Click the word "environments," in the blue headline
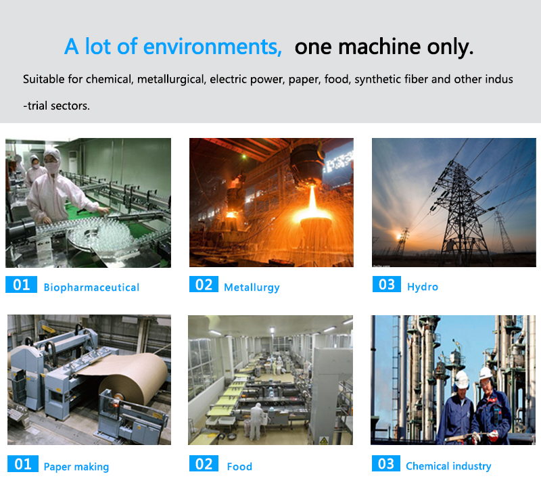pyautogui.click(x=212, y=47)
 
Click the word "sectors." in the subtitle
pyautogui.click(x=70, y=106)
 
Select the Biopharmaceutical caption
pyautogui.click(x=91, y=287)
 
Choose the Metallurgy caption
pyautogui.click(x=252, y=287)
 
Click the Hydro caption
pyautogui.click(x=423, y=287)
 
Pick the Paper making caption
pyautogui.click(x=76, y=467)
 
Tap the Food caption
pyautogui.click(x=239, y=467)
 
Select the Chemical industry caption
pyautogui.click(x=448, y=466)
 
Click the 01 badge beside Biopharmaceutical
pyautogui.click(x=21, y=284)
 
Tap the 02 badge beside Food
pyautogui.click(x=204, y=463)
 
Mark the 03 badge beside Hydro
pyautogui.click(x=386, y=284)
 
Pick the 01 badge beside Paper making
pyautogui.click(x=23, y=464)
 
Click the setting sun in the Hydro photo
pyautogui.click(x=400, y=236)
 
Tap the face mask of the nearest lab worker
pyautogui.click(x=53, y=168)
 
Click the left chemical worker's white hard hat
pyautogui.click(x=461, y=379)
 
